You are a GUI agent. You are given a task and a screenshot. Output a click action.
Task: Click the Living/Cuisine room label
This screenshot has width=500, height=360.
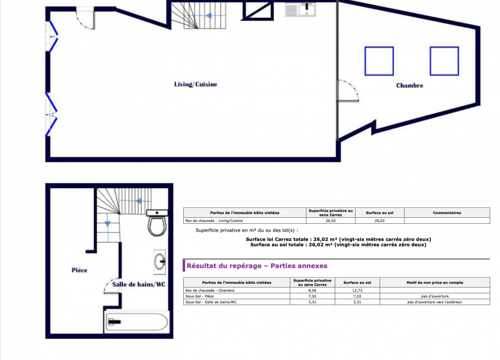pyautogui.click(x=195, y=85)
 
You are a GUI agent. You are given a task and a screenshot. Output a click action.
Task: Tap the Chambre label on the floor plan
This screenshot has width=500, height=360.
pyautogui.click(x=410, y=85)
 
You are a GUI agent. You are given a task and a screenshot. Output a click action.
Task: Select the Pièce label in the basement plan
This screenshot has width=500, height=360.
pyautogui.click(x=79, y=270)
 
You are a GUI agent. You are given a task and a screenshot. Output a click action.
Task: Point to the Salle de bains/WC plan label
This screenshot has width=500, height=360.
pyautogui.click(x=139, y=284)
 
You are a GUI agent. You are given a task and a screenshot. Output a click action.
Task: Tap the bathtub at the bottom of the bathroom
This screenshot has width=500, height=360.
pyautogui.click(x=137, y=322)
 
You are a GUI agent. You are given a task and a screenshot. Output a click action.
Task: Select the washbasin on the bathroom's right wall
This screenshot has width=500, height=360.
pyautogui.click(x=160, y=262)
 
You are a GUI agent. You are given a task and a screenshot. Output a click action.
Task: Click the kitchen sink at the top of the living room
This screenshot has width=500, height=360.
pyautogui.click(x=300, y=9)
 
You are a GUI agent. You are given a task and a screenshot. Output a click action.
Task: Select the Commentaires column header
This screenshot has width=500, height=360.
pyautogui.click(x=447, y=213)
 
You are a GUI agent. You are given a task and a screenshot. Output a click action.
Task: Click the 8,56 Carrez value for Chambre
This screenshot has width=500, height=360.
pyautogui.click(x=312, y=291)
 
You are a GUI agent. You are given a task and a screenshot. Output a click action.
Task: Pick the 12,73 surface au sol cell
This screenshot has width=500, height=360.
pyautogui.click(x=357, y=291)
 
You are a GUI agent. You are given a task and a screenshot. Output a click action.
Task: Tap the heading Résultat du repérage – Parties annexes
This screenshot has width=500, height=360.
pyautogui.click(x=257, y=265)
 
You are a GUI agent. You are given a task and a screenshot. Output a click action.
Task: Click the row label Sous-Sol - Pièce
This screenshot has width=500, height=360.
pyautogui.click(x=200, y=296)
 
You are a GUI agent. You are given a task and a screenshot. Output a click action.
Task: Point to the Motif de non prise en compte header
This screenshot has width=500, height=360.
pyautogui.click(x=435, y=283)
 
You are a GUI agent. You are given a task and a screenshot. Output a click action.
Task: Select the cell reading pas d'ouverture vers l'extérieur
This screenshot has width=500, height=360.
pyautogui.click(x=435, y=302)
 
